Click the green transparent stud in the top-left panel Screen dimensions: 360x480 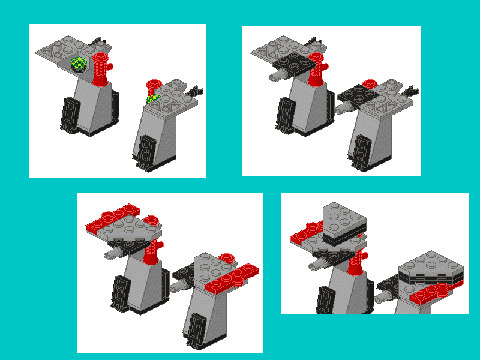pos(79,63)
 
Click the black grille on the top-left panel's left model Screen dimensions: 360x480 pos(70,114)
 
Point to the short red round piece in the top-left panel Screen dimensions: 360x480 pos(154,86)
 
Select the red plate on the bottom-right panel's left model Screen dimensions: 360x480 pos(305,234)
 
